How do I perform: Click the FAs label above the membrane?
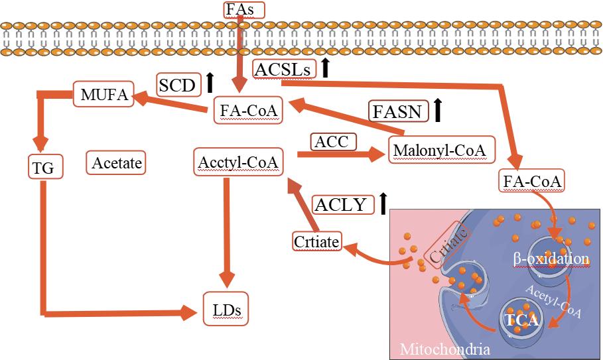pyautogui.click(x=243, y=9)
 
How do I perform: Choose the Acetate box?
pyautogui.click(x=116, y=162)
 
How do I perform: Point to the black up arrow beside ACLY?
pyautogui.click(x=383, y=203)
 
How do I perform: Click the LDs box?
pyautogui.click(x=226, y=308)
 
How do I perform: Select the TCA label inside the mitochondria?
pyautogui.click(x=521, y=320)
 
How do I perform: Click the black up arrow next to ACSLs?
pyautogui.click(x=325, y=68)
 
